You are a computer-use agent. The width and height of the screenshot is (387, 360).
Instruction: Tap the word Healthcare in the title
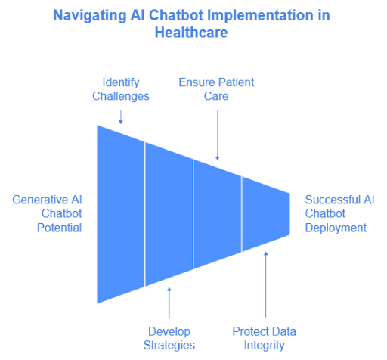tap(193, 32)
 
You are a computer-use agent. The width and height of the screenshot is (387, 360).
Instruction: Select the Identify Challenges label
tap(121, 89)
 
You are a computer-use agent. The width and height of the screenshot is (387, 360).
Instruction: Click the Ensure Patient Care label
tap(217, 89)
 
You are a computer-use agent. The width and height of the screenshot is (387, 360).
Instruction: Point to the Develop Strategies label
tap(169, 338)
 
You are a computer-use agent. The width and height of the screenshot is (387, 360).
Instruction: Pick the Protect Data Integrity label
tap(264, 338)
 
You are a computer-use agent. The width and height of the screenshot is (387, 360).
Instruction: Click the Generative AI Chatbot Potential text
tap(47, 213)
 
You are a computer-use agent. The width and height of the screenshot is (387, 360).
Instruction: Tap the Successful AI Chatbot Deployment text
tap(339, 213)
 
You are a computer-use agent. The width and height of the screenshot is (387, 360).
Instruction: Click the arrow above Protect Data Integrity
tap(266, 284)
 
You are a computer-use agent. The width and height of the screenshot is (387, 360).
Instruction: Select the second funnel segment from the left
tap(169, 213)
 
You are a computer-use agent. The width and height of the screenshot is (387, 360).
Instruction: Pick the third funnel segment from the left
tap(218, 213)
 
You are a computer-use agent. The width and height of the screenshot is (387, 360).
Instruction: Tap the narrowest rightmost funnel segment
tap(266, 213)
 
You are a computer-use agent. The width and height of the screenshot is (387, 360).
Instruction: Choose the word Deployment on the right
tap(336, 228)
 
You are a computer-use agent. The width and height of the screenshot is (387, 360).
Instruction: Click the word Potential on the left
tap(59, 228)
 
